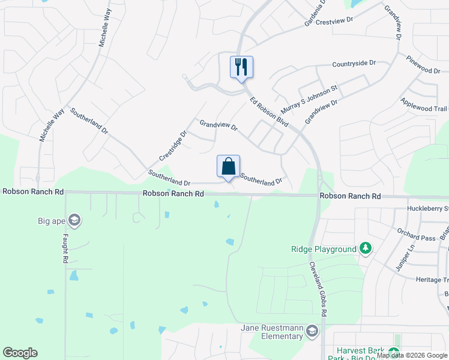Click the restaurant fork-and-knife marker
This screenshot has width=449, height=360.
tap(241, 67)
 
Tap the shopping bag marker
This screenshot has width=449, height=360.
tap(228, 166)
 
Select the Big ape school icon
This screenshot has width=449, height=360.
tap(75, 221)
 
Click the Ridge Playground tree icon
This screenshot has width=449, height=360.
tap(365, 248)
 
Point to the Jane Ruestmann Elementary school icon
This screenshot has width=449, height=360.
tap(312, 331)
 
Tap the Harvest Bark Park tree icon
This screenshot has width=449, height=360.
tap(394, 352)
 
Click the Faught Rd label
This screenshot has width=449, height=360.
tap(64, 249)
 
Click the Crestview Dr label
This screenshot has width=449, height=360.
tap(334, 20)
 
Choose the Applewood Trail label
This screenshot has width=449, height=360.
tap(424, 106)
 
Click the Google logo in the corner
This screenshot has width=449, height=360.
tap(20, 353)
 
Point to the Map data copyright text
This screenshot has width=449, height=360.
tap(412, 355)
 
